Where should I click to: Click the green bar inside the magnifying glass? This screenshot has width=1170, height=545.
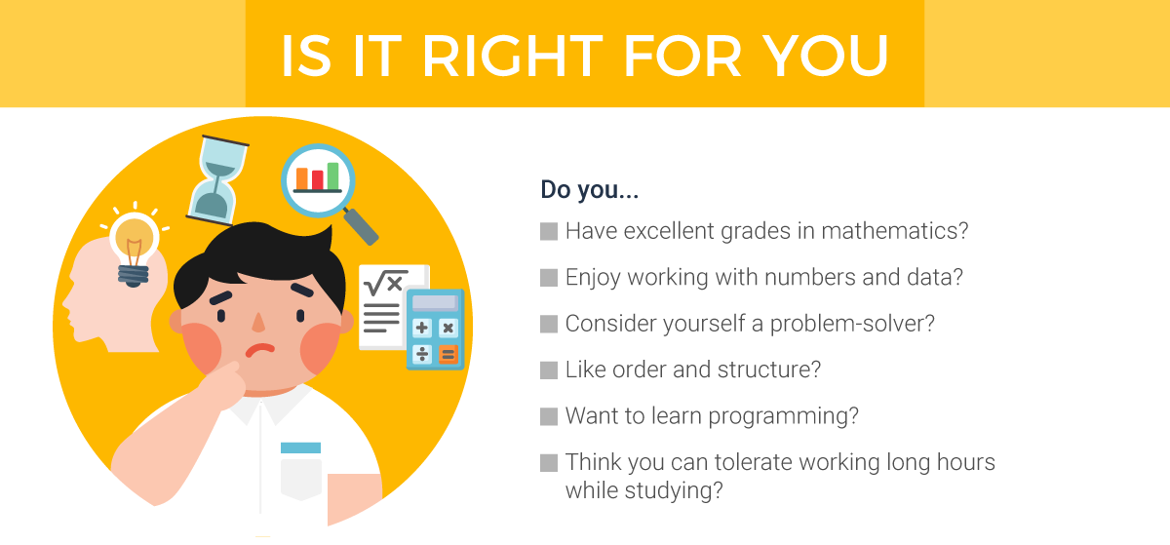[x=333, y=175]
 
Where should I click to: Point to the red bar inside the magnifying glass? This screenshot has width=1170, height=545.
[x=317, y=179]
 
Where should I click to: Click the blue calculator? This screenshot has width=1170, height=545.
[x=435, y=329]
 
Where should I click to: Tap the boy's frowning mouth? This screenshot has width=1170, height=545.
[x=259, y=350]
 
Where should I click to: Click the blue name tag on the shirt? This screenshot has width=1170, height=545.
[x=300, y=448]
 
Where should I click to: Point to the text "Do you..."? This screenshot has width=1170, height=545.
[x=589, y=189]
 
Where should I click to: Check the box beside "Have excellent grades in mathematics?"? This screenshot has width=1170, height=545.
[x=548, y=232]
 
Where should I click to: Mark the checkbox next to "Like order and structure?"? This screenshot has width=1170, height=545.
[x=548, y=370]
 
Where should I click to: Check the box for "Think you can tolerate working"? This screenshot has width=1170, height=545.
[x=548, y=462]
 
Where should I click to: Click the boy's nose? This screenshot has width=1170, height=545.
[x=258, y=322]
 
